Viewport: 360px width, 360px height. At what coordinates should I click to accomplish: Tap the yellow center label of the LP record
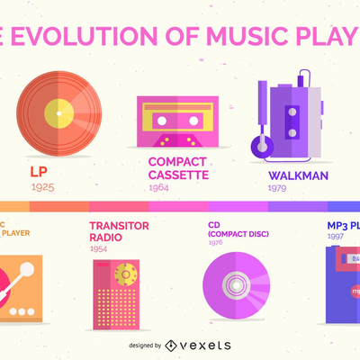pyautogui.click(x=59, y=113)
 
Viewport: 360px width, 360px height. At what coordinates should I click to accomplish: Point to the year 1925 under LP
pyautogui.click(x=42, y=187)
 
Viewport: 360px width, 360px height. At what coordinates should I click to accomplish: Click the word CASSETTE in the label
pyautogui.click(x=178, y=175)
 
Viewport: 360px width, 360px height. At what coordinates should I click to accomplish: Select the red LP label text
pyautogui.click(x=38, y=172)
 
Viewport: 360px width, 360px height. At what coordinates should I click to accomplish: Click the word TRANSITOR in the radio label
pyautogui.click(x=120, y=226)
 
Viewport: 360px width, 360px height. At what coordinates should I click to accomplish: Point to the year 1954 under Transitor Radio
pyautogui.click(x=102, y=249)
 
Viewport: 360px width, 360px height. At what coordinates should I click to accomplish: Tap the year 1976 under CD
pyautogui.click(x=216, y=242)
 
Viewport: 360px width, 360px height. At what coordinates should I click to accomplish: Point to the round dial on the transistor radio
pyautogui.click(x=127, y=273)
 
